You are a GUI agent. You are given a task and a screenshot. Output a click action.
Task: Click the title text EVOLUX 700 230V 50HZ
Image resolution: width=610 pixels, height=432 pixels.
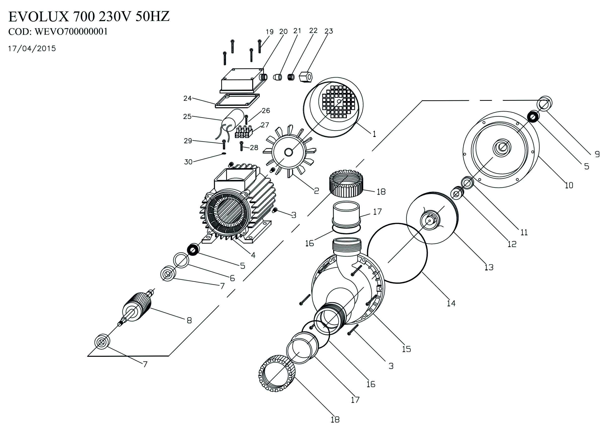pyautogui.click(x=89, y=17)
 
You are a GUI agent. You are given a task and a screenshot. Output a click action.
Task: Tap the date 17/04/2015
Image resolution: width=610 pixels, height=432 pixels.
pyautogui.click(x=32, y=49)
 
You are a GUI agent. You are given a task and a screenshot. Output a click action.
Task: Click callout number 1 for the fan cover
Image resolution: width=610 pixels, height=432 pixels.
pyautogui.click(x=374, y=134)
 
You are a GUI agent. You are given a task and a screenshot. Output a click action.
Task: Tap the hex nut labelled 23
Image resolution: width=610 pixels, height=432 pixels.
pyautogui.click(x=306, y=77)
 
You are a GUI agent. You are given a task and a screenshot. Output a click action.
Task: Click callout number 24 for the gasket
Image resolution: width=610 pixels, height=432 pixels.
pyautogui.click(x=187, y=98)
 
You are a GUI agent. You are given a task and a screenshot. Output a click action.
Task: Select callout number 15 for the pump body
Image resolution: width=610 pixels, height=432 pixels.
pyautogui.click(x=406, y=349)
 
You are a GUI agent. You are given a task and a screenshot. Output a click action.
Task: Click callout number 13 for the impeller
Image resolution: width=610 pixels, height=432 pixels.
pyautogui.click(x=489, y=267)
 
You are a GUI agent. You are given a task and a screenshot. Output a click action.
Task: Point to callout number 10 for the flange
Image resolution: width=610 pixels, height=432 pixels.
pyautogui.click(x=569, y=185)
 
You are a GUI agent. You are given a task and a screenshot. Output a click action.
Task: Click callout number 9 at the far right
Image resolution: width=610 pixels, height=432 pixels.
pyautogui.click(x=597, y=154)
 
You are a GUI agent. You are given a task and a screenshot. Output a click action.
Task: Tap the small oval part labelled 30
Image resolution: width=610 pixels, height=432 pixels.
pyautogui.click(x=224, y=153)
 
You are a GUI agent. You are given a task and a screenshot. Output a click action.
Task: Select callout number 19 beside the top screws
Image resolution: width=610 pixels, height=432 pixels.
pyautogui.click(x=269, y=32)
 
